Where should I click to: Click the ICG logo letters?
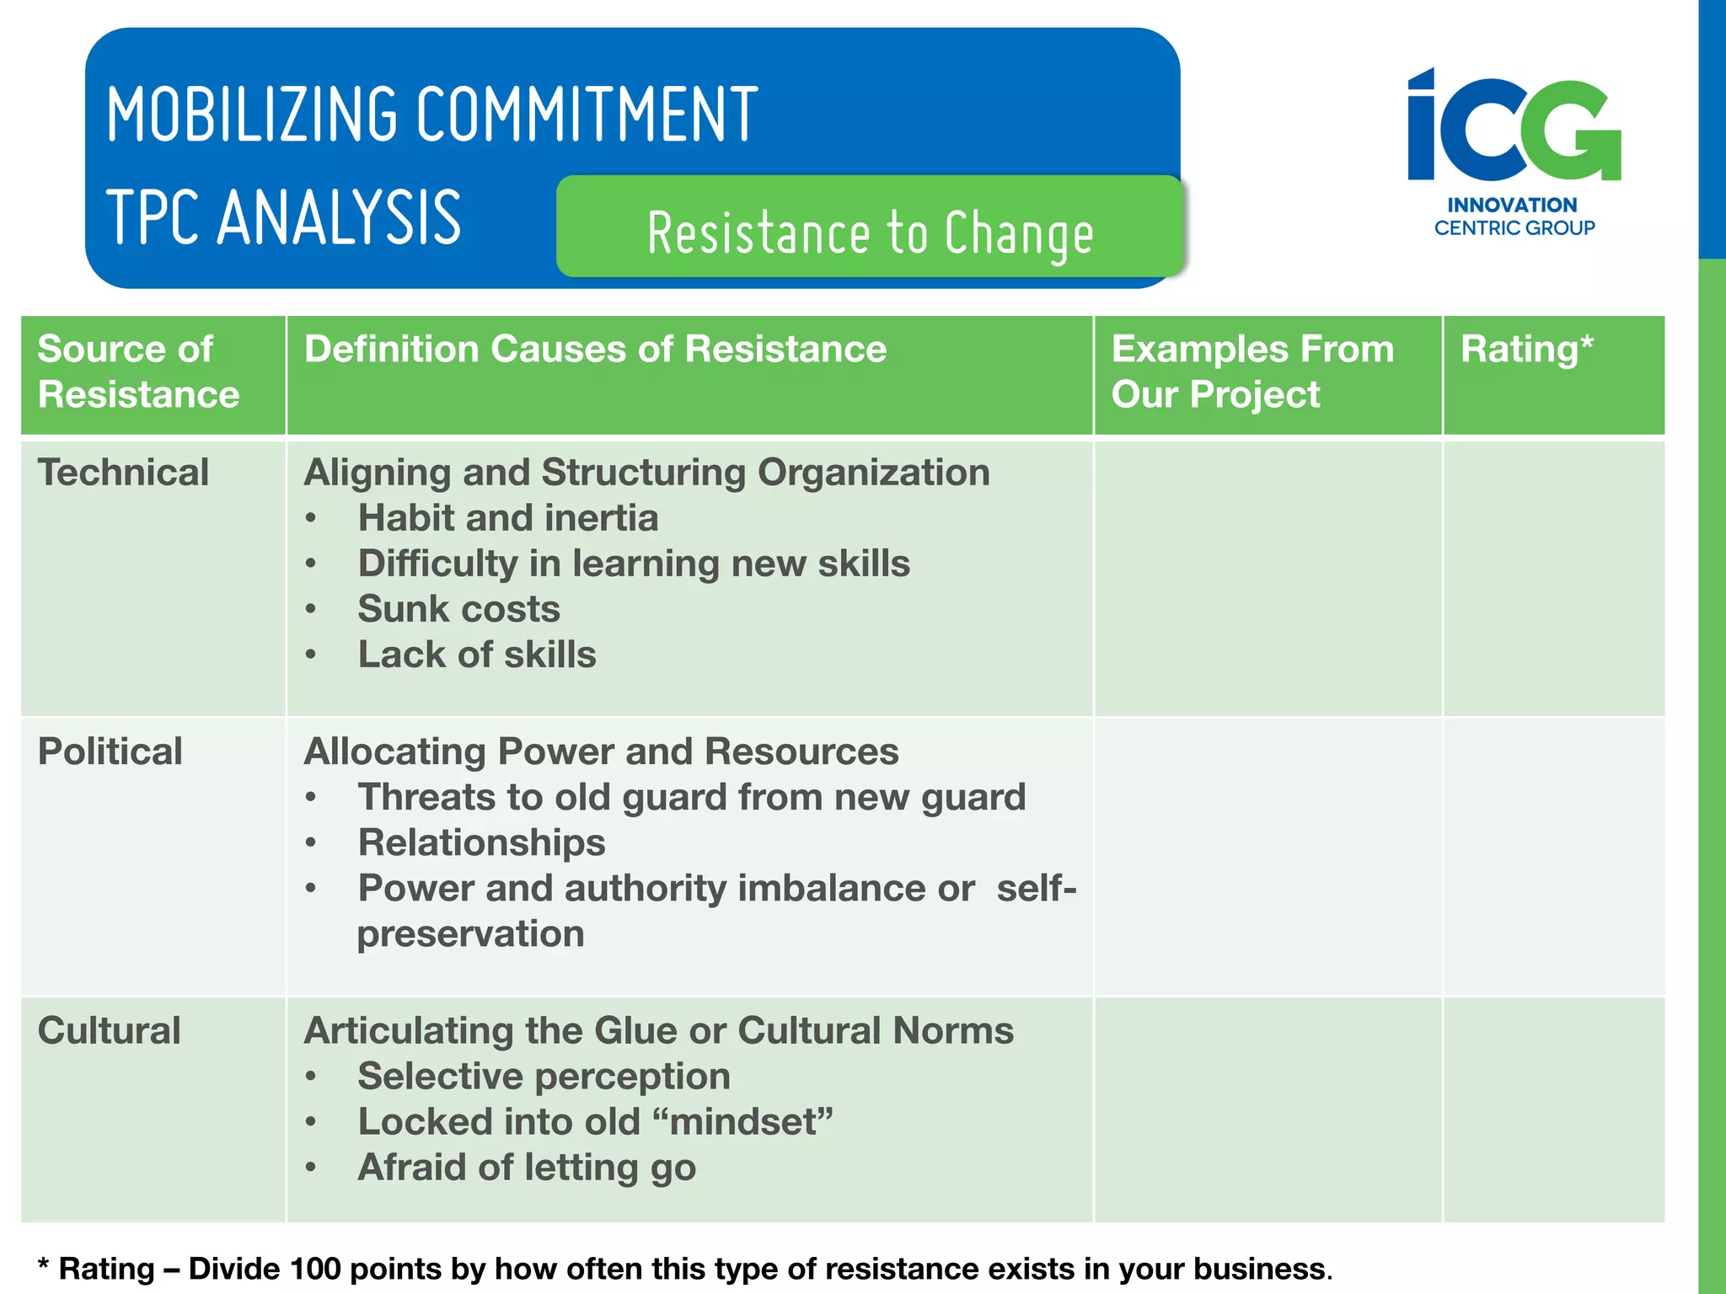click(1514, 126)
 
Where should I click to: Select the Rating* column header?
click(1526, 349)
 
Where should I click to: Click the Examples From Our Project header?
click(1252, 372)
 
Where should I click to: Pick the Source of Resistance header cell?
click(139, 372)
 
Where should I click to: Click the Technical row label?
click(123, 472)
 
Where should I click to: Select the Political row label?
click(110, 751)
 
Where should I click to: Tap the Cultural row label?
click(110, 1030)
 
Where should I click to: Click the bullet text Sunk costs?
click(458, 609)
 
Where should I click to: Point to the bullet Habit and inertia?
click(507, 518)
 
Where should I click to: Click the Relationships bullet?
click(481, 842)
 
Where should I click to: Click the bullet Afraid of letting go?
click(527, 1167)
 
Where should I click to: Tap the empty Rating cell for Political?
click(1553, 856)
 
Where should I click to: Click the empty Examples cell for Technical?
click(1268, 578)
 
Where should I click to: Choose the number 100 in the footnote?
click(315, 1269)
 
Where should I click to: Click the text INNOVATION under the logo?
click(1512, 205)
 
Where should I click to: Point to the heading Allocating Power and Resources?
click(601, 751)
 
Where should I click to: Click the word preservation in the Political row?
click(470, 933)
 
